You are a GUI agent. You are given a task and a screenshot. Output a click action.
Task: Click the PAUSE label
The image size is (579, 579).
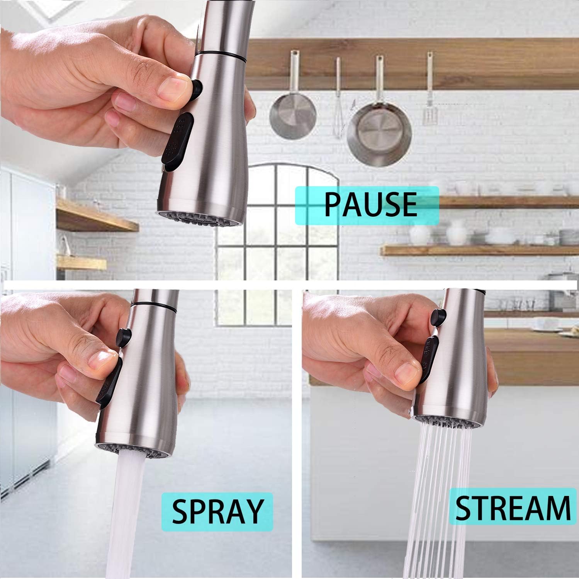[x=367, y=205]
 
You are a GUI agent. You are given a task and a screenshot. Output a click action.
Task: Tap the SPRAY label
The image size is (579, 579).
[x=217, y=511]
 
